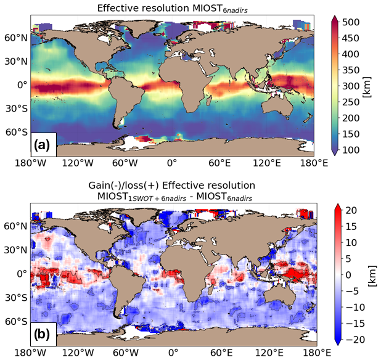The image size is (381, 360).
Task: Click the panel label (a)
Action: click(44, 145)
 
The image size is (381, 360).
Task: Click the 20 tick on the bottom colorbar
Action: click(353, 210)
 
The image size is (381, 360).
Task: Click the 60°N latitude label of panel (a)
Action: click(15, 38)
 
